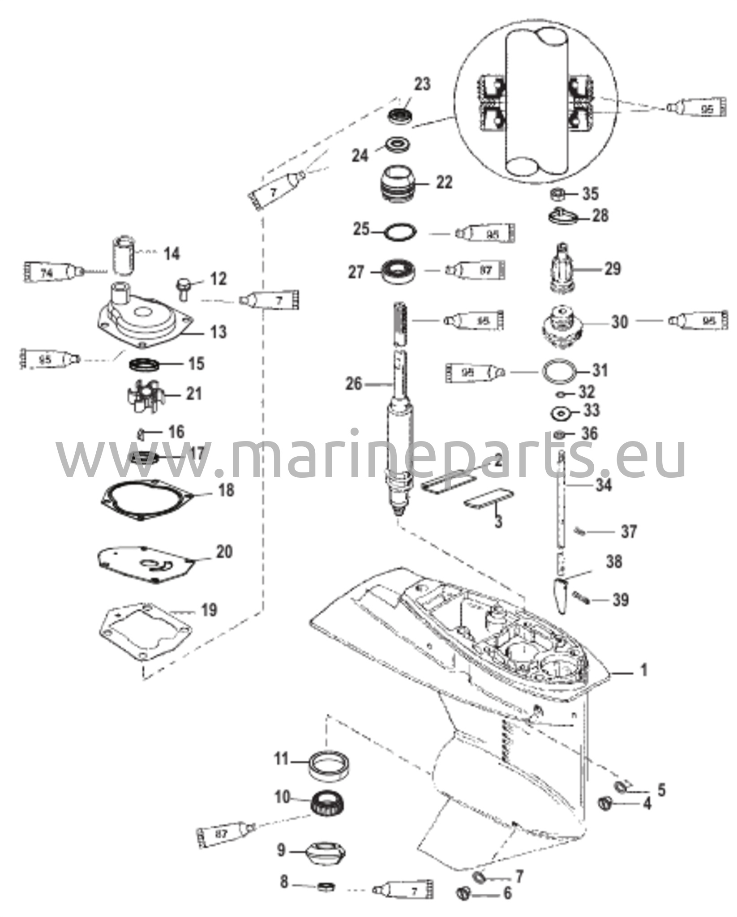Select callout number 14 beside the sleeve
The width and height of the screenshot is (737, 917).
pos(171,254)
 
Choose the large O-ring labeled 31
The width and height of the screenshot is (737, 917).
pos(558,371)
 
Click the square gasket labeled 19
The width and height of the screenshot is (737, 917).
pos(144,627)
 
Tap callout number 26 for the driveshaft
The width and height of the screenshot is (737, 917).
pos(354,384)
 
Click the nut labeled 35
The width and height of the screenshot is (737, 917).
pos(557,194)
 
